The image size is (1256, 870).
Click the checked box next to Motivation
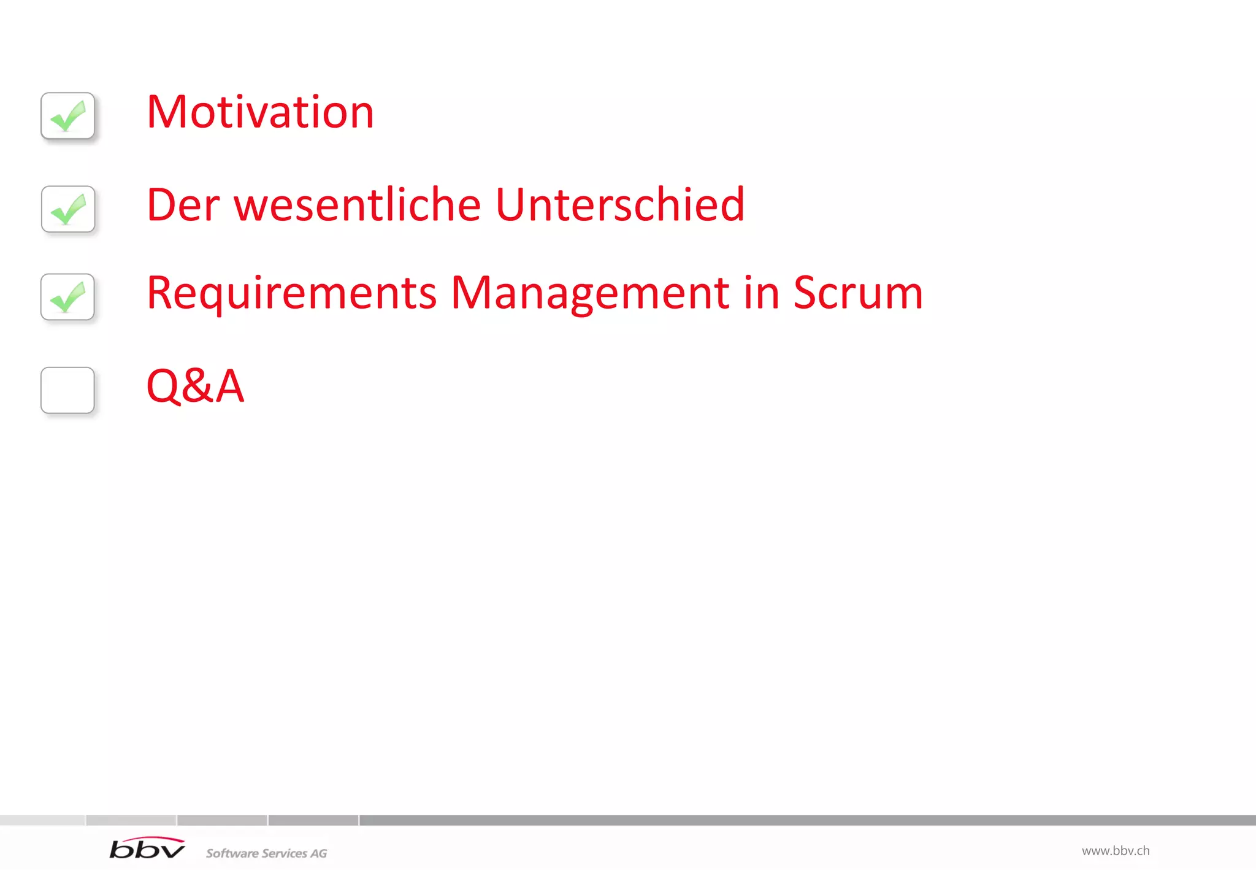tap(67, 115)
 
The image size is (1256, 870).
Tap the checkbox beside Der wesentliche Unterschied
tap(68, 209)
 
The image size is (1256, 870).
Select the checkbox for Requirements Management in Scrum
tap(67, 296)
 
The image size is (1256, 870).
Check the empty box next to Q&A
tap(67, 390)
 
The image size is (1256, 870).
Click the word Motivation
tap(260, 112)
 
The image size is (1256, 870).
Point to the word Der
tap(183, 205)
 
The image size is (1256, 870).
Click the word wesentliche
tap(358, 205)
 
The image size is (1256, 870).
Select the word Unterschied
tap(619, 205)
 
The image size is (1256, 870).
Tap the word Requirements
tap(291, 293)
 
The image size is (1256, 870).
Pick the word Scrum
tap(857, 293)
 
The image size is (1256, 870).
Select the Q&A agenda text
tap(195, 386)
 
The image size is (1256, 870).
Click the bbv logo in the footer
tap(147, 849)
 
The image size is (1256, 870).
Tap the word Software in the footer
tap(232, 853)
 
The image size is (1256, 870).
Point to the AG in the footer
tap(318, 853)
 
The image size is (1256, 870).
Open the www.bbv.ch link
tap(1115, 851)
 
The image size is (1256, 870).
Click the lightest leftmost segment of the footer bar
tap(42, 820)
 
